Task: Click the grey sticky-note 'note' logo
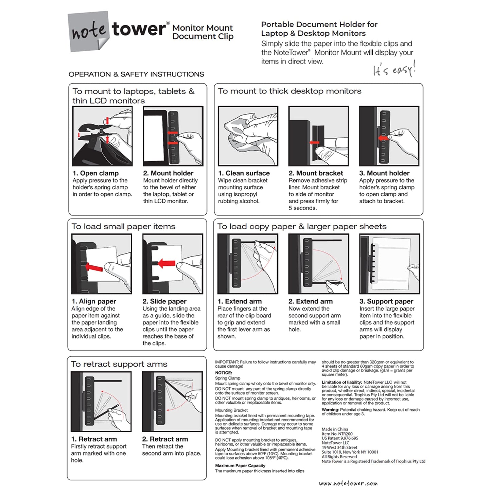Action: [x=89, y=31]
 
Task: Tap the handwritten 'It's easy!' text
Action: [x=394, y=69]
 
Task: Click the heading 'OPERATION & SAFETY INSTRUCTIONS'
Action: [x=136, y=74]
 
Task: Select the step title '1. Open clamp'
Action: [x=95, y=173]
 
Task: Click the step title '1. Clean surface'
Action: [x=244, y=173]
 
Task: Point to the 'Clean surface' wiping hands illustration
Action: [x=248, y=136]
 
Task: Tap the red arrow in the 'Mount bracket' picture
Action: [x=315, y=143]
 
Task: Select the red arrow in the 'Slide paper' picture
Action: [x=166, y=263]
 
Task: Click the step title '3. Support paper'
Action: [x=386, y=301]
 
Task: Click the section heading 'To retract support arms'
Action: [x=119, y=364]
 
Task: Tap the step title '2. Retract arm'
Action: [x=165, y=439]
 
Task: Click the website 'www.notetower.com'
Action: [x=348, y=483]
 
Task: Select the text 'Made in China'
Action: [x=335, y=429]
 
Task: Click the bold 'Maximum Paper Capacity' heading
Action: [x=240, y=466]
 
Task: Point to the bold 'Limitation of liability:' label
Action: [x=341, y=382]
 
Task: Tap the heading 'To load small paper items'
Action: [x=123, y=227]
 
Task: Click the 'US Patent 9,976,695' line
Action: [x=340, y=438]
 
